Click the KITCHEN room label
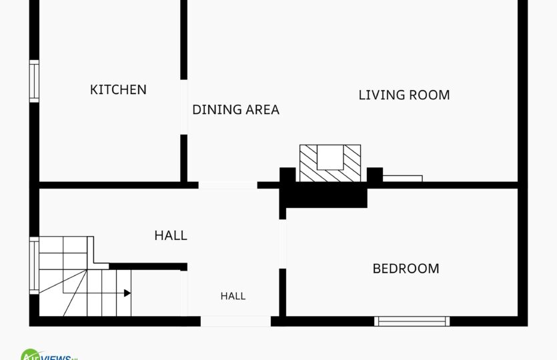(118, 89)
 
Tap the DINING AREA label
(236, 110)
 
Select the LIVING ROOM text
(404, 95)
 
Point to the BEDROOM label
(406, 269)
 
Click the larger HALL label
(171, 235)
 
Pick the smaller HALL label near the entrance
(233, 296)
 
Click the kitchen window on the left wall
(34, 81)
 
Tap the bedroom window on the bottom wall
(412, 321)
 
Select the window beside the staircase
(34, 265)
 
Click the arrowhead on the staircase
(127, 293)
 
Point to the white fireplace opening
(330, 157)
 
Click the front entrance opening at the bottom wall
(236, 321)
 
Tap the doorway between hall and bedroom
(283, 244)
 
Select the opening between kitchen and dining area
(183, 107)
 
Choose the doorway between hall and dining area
(227, 185)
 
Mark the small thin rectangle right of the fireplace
(402, 179)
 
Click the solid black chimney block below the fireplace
(324, 195)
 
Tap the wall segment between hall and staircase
(148, 267)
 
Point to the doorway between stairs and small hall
(183, 293)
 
